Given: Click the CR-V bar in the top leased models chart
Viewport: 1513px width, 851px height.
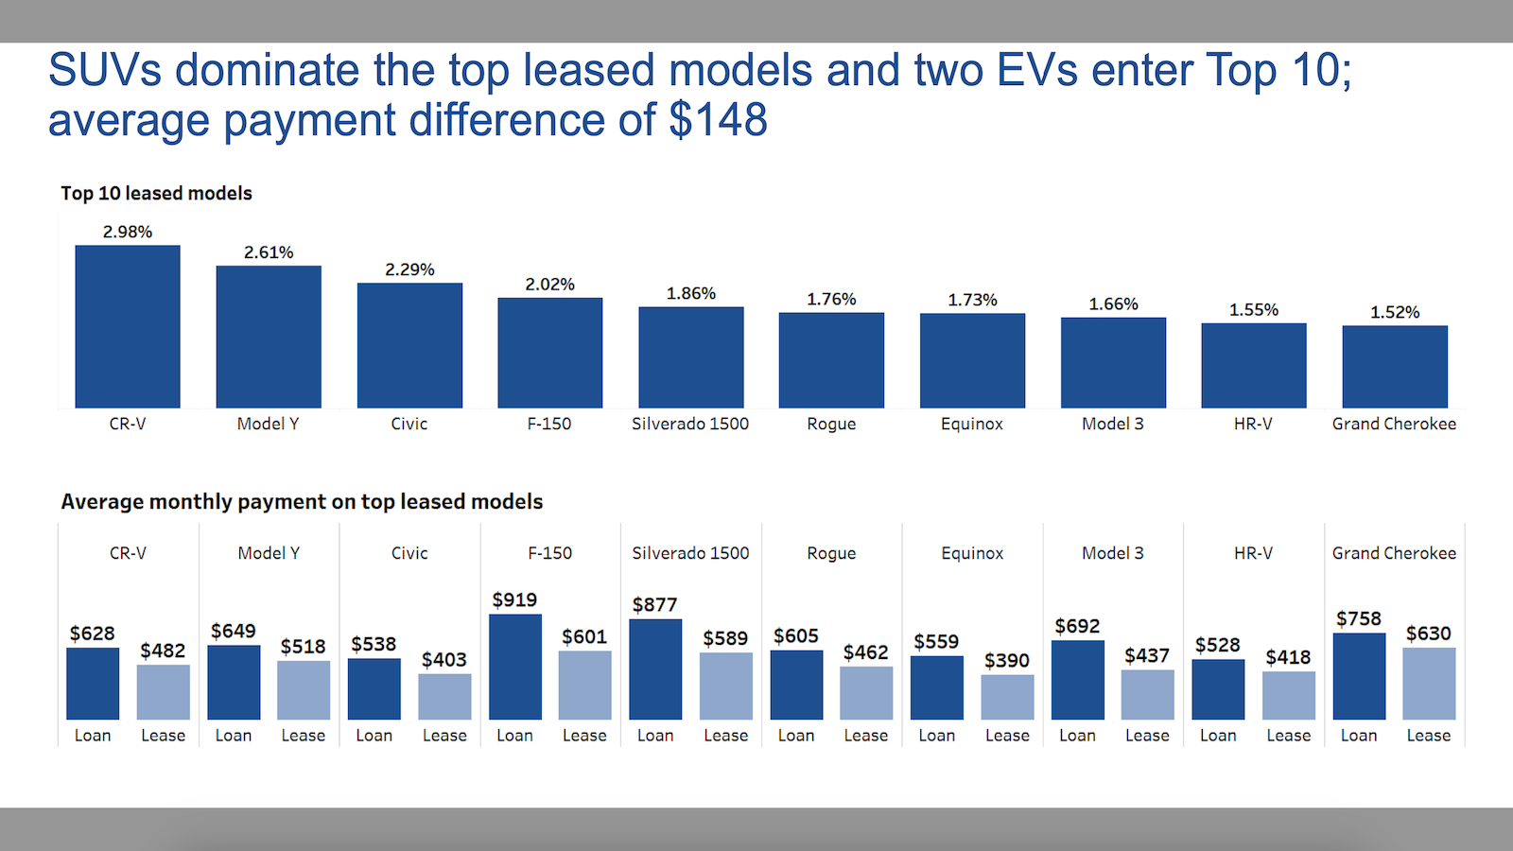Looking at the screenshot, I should click(128, 326).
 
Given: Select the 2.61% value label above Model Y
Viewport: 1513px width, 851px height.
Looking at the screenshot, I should click(269, 252).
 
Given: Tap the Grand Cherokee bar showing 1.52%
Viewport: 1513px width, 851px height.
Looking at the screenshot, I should click(1395, 367).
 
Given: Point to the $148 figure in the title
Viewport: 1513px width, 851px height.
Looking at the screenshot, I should click(718, 120).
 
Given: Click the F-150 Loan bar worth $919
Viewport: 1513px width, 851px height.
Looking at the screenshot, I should click(515, 667).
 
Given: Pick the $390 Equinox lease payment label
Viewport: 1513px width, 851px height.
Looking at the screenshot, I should click(1006, 660).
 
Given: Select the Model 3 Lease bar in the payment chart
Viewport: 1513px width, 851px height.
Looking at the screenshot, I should click(1147, 695).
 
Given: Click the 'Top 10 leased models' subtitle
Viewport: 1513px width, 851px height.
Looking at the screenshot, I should click(156, 193).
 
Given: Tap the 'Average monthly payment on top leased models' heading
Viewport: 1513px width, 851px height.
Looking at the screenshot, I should click(302, 501).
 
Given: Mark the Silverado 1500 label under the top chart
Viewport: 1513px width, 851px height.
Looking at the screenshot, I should click(690, 424).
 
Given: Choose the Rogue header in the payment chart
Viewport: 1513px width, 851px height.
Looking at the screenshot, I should click(831, 553).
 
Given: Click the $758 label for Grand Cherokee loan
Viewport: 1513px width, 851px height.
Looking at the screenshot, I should click(1358, 618).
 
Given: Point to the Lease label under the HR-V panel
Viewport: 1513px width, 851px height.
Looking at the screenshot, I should click(1288, 736).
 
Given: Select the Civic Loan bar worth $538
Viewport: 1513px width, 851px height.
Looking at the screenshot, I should click(374, 688).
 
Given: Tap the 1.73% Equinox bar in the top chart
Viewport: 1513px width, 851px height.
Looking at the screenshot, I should click(972, 360).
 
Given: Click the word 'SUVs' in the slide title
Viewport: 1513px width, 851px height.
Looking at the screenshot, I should click(104, 71).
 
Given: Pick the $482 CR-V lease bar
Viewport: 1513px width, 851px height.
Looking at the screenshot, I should click(163, 692).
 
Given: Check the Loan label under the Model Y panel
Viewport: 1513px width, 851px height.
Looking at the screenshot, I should click(234, 736).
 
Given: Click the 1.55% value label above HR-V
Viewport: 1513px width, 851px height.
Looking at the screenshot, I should click(1253, 310).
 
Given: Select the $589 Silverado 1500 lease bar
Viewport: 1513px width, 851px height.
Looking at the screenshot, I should click(725, 686).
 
